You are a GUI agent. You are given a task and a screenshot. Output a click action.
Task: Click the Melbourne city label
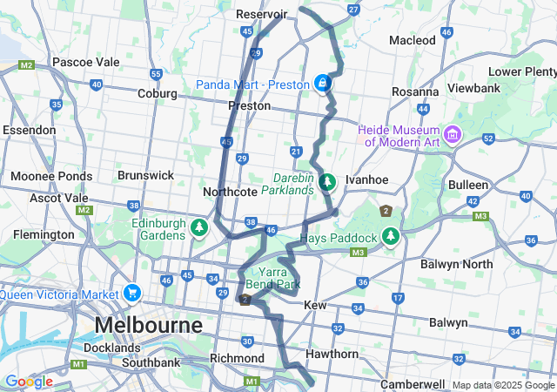(148, 325)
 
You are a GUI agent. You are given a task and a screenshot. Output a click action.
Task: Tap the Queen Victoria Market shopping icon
(132, 292)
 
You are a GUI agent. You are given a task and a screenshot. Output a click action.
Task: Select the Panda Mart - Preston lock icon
(322, 83)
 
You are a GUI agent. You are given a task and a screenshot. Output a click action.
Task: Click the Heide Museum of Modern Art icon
(452, 135)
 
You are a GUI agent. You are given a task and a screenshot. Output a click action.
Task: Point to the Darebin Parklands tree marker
(327, 182)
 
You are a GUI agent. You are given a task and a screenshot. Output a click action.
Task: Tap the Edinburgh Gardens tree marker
(200, 228)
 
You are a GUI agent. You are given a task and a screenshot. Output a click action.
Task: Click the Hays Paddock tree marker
(392, 237)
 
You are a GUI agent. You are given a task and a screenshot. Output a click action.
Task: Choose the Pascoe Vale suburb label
(85, 62)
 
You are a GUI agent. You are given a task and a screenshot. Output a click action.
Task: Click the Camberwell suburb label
(413, 384)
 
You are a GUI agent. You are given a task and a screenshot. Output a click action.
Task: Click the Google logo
(28, 382)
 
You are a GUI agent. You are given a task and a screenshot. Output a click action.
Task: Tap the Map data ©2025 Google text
(503, 385)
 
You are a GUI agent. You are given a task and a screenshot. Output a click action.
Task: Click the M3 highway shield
(358, 253)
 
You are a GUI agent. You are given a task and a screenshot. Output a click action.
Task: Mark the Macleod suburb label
(413, 40)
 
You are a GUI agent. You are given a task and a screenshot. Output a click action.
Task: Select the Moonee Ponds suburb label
(51, 176)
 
